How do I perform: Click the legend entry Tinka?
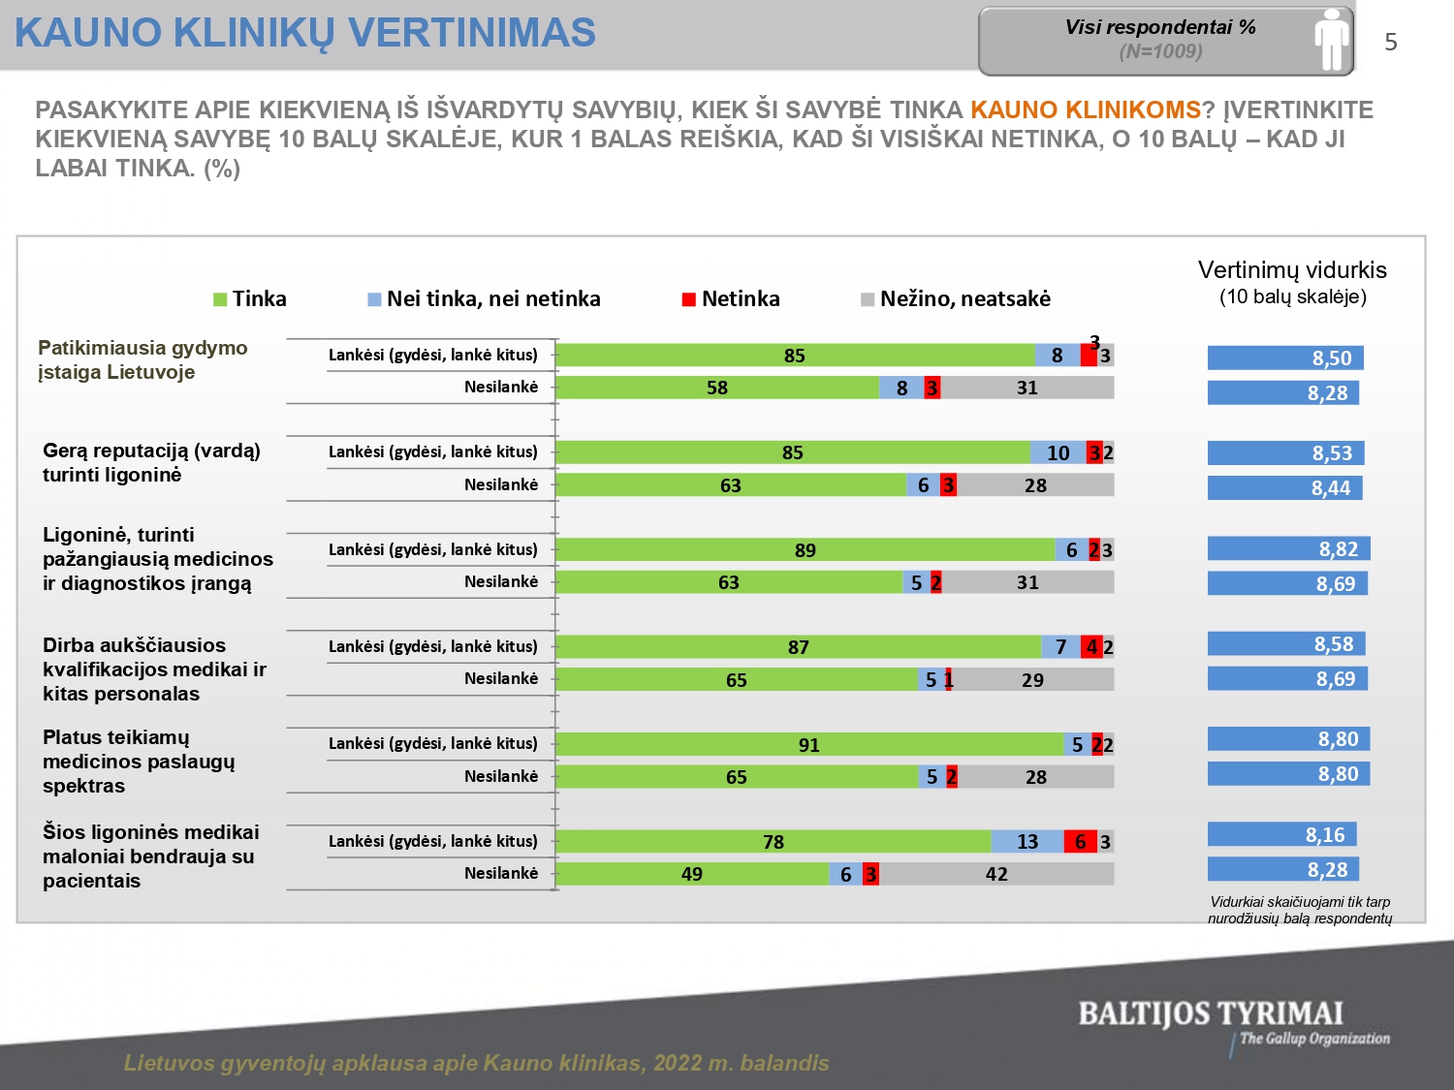pos(250,298)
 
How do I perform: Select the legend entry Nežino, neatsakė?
pos(956,298)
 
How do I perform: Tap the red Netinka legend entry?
pos(731,298)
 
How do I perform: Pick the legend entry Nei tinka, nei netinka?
pos(484,298)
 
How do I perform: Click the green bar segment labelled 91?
pos(809,744)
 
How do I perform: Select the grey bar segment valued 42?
pos(996,874)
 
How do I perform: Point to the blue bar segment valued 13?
pos(1027,841)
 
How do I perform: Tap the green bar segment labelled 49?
pos(692,874)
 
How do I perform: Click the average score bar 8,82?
pos(1288,549)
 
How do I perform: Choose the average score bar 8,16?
pos(1281,834)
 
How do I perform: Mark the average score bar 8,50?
pos(1285,358)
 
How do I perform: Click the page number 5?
pos(1391,43)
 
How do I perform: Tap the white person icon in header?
pos(1332,41)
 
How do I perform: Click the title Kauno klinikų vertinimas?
pos(305,33)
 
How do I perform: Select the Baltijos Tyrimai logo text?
pos(1211,1014)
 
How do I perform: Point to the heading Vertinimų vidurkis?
pos(1292,270)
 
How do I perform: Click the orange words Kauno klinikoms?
pos(1085,109)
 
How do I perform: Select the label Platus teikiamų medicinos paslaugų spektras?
pos(139,762)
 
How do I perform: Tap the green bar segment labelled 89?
pos(805,549)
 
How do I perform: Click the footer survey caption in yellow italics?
pos(476,1063)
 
